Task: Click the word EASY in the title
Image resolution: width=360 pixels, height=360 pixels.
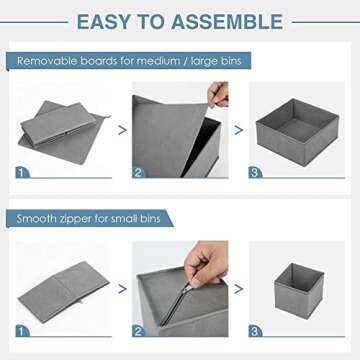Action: point(107,21)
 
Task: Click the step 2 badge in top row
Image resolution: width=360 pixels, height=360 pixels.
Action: point(139,172)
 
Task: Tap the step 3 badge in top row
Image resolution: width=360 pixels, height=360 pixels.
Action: point(256,172)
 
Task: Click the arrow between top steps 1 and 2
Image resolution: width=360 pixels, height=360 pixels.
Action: point(122,129)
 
